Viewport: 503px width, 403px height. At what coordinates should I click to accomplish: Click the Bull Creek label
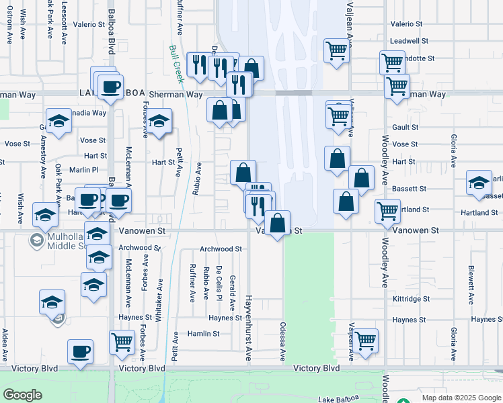177,64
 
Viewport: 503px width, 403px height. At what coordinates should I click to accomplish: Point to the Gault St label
405,127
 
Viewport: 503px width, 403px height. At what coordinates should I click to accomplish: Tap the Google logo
22,395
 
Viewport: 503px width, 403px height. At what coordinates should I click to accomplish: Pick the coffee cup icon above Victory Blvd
81,351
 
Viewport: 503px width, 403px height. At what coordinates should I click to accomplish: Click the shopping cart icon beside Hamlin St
122,341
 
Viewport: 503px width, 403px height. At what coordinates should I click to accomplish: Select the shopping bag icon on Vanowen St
277,223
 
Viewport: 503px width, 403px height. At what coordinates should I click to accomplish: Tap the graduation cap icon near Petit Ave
159,122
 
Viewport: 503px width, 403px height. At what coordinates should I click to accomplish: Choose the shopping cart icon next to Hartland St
387,211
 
